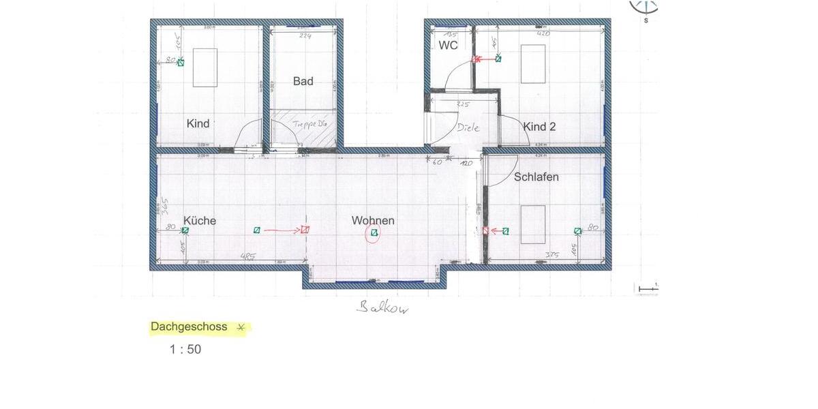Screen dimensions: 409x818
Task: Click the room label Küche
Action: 200,221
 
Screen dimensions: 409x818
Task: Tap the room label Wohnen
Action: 373,221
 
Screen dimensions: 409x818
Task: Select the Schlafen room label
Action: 536,177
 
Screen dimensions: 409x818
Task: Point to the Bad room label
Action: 303,81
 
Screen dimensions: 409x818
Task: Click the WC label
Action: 448,46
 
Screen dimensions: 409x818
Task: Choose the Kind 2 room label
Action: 539,127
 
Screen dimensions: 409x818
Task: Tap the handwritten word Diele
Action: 468,127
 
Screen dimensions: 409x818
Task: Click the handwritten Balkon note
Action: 383,308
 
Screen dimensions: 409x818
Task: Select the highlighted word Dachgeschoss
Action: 189,327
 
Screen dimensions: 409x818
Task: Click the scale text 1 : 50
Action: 185,350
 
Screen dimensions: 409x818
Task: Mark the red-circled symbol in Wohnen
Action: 374,234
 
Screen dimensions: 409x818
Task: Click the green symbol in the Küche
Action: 185,231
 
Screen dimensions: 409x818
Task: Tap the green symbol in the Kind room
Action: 181,63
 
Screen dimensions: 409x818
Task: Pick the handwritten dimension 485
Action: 248,257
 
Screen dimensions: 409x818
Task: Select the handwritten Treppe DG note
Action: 311,125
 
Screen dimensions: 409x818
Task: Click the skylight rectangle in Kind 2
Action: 533,63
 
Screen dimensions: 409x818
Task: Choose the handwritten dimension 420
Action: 544,33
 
